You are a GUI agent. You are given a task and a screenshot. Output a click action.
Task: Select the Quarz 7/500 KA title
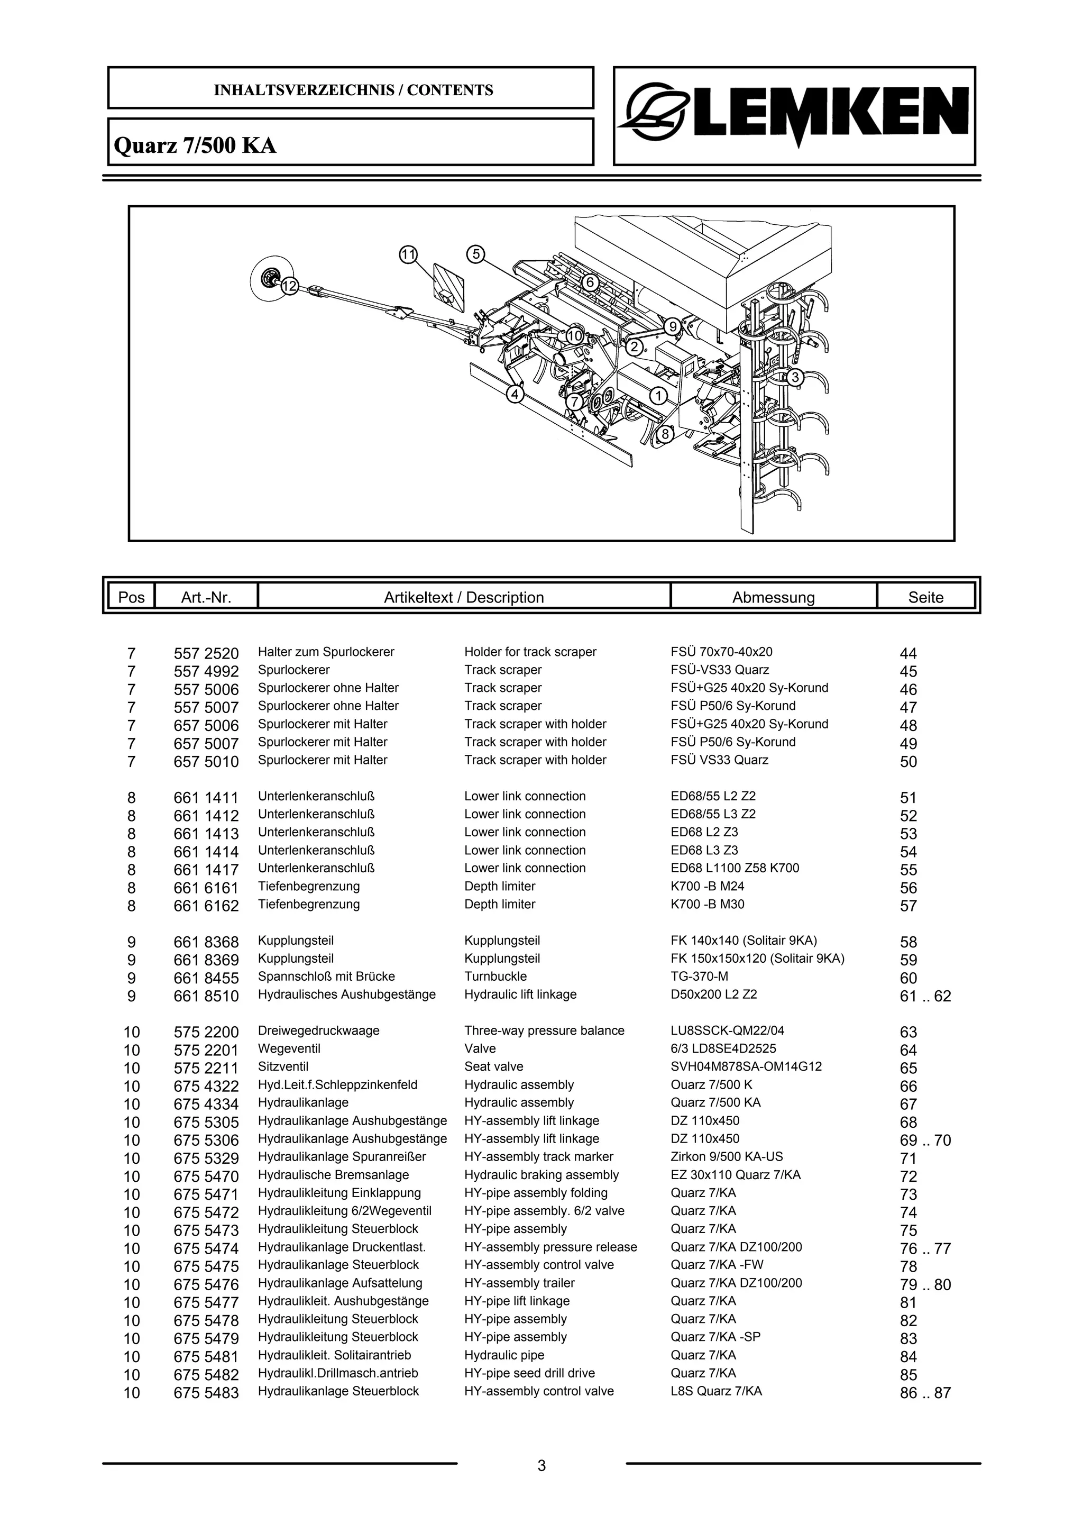click(x=196, y=145)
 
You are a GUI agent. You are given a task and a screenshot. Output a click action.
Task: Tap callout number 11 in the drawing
click(x=408, y=254)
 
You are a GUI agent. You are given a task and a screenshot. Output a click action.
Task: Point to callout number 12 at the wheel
click(x=289, y=286)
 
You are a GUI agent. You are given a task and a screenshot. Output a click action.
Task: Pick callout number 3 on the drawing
click(x=794, y=377)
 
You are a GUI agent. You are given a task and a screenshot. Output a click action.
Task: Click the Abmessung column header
click(x=773, y=597)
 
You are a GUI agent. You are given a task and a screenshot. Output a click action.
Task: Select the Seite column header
click(x=925, y=597)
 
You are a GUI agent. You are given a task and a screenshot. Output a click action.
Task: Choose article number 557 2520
click(x=206, y=653)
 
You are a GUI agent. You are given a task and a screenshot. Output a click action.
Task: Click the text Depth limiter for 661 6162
click(x=500, y=904)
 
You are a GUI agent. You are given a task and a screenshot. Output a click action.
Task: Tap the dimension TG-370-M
click(x=699, y=976)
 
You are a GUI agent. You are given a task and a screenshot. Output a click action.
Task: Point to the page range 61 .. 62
click(x=925, y=996)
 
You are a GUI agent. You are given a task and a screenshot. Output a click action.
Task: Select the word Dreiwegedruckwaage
click(x=318, y=1030)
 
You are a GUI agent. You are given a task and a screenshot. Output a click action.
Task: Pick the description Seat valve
click(x=494, y=1066)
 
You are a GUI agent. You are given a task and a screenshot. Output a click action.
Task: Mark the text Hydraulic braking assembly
click(x=541, y=1174)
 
